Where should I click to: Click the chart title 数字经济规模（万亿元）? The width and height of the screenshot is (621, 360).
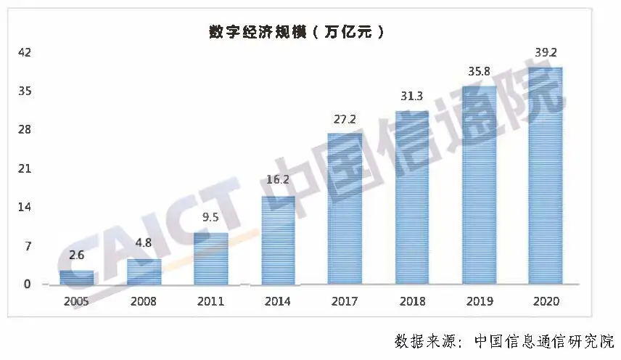point(296,32)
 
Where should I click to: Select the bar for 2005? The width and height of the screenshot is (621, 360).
point(77,277)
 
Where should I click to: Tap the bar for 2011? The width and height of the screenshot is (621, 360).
point(210,258)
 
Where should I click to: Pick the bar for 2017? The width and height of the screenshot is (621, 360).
point(345,209)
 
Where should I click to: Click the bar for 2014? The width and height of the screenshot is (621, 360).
point(278,240)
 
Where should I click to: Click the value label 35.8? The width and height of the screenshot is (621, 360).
point(479,73)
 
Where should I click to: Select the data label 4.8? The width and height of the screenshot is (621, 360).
point(144,243)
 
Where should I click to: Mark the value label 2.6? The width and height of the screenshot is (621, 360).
point(77,255)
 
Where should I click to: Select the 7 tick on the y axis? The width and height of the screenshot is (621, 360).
point(28,246)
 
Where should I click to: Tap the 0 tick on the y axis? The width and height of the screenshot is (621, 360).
point(28,285)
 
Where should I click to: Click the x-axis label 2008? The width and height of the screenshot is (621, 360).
point(144,301)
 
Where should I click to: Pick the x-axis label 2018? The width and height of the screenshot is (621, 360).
point(411,301)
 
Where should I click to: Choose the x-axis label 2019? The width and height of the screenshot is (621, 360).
point(479,301)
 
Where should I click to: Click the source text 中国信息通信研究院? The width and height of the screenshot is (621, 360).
point(544,340)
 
